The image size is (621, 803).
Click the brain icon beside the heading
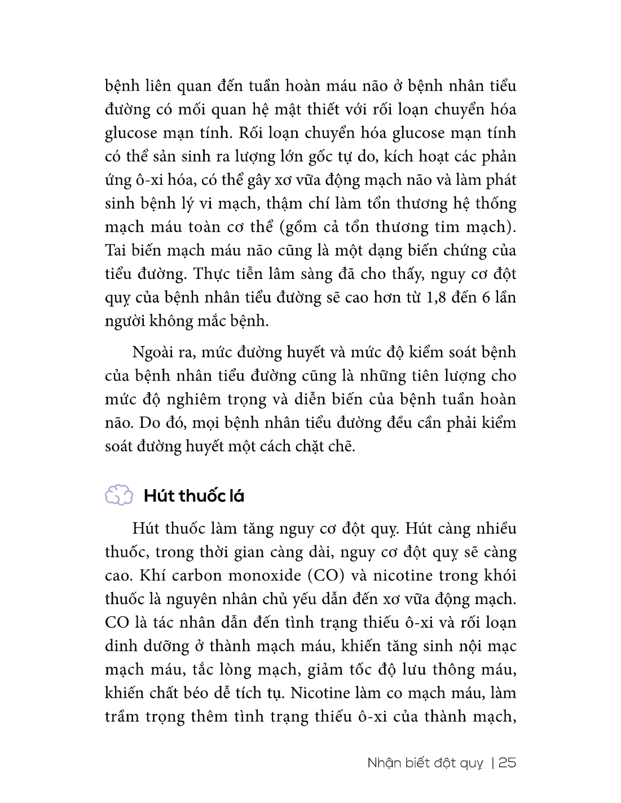pyautogui.click(x=119, y=495)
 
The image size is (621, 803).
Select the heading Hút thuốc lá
pyautogui.click(x=194, y=496)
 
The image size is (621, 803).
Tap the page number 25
pyautogui.click(x=508, y=762)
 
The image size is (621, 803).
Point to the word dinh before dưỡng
pyautogui.click(x=119, y=646)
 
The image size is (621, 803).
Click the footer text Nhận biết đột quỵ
pyautogui.click(x=425, y=763)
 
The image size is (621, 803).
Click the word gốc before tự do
pyautogui.click(x=323, y=156)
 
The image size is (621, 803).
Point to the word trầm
pyautogui.click(x=123, y=717)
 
